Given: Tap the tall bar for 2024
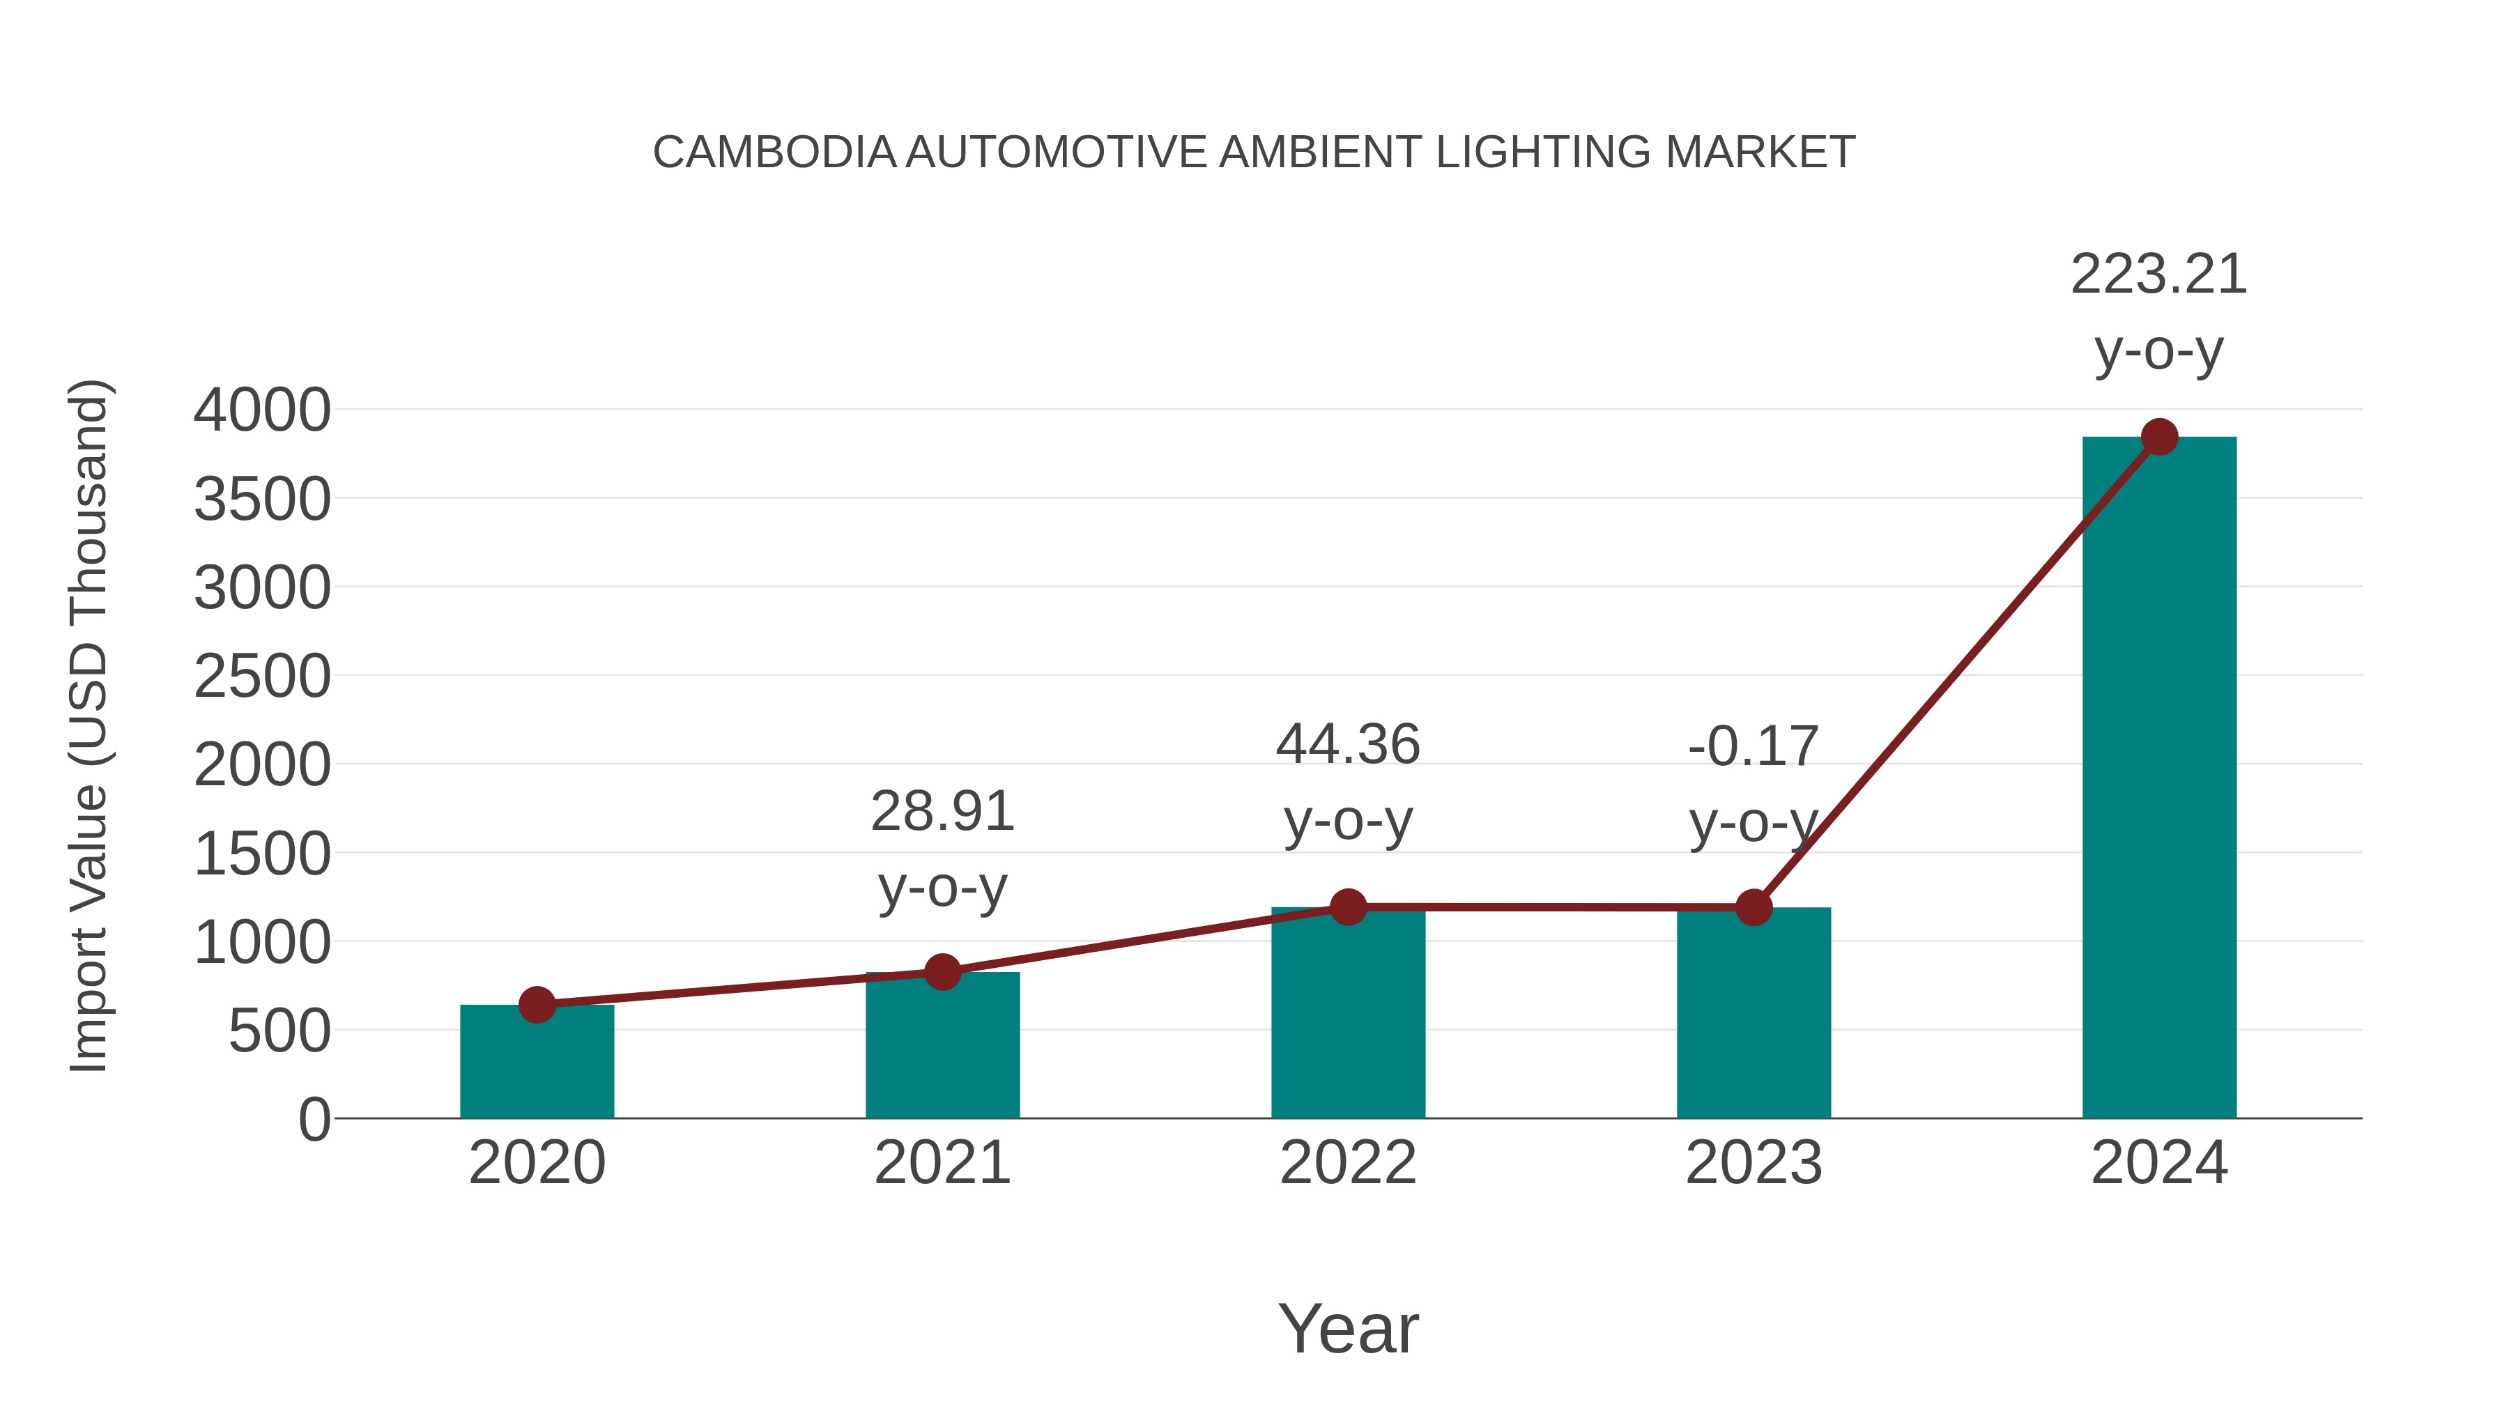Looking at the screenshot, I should click(x=2158, y=779).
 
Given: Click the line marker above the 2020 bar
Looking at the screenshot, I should click(x=537, y=1004).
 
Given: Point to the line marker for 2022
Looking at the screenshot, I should click(x=1348, y=907).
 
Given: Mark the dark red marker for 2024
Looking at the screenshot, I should click(x=2159, y=437).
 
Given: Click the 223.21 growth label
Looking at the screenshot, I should click(x=2158, y=275).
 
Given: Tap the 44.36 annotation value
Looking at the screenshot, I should click(x=1348, y=745).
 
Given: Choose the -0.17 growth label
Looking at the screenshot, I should click(x=1754, y=747).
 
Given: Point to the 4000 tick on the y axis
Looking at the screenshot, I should click(x=262, y=410).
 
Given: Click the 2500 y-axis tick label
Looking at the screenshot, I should click(x=262, y=677).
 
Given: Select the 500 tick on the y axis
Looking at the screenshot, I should click(x=279, y=1031).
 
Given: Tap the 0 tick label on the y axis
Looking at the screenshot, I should click(x=314, y=1120).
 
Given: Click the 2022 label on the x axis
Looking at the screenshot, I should click(x=1348, y=1163).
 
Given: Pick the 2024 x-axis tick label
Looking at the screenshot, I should click(x=2158, y=1163).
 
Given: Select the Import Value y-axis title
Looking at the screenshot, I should click(x=89, y=725).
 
